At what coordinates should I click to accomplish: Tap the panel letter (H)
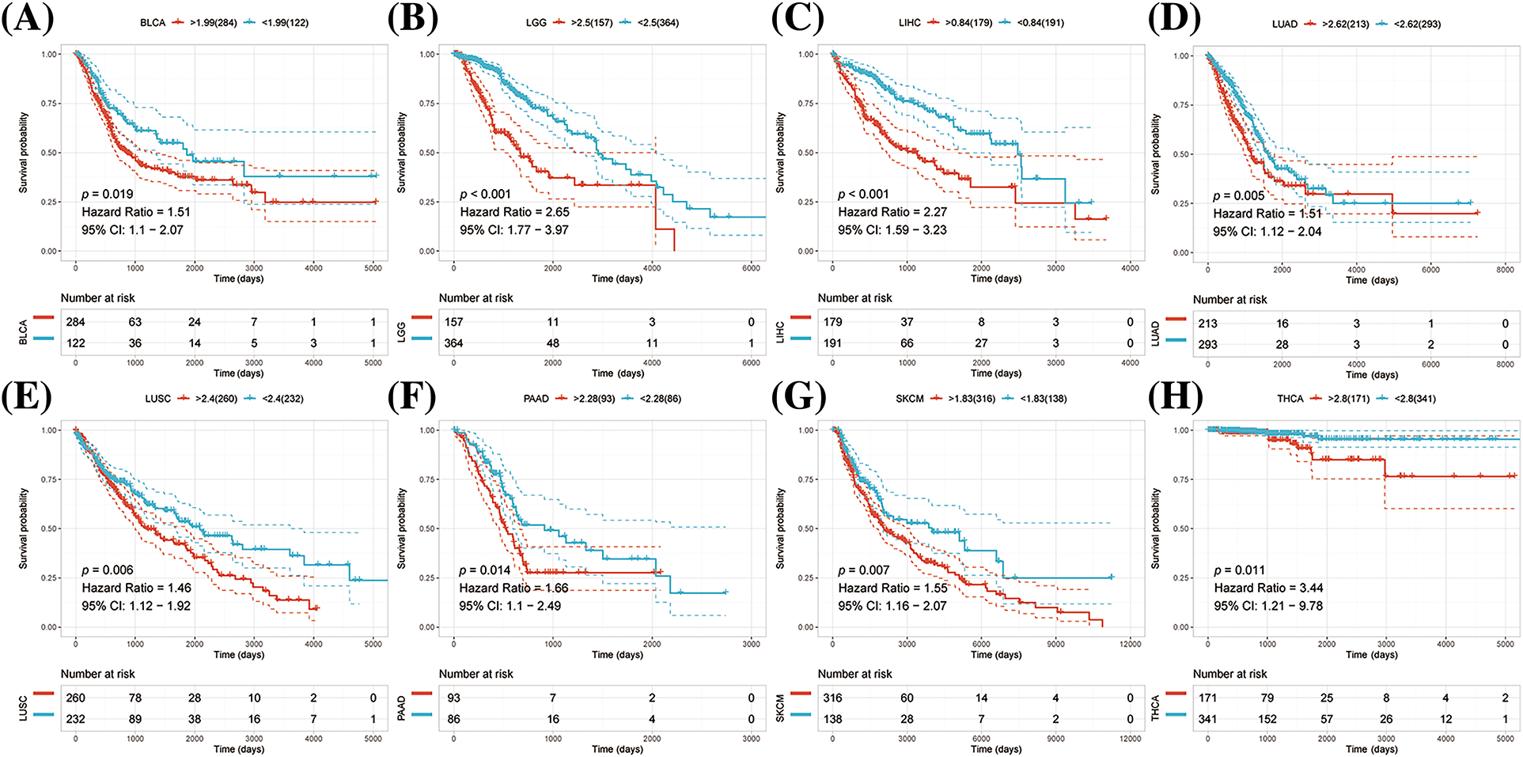(1174, 394)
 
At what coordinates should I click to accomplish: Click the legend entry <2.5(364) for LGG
(657, 23)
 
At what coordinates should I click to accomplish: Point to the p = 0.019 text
(108, 194)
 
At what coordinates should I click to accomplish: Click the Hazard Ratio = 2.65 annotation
(514, 212)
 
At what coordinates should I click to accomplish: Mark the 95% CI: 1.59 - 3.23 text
(892, 230)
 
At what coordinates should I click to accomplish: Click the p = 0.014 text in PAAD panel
(485, 570)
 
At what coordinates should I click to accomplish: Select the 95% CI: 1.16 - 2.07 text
(892, 606)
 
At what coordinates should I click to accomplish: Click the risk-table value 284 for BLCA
(75, 322)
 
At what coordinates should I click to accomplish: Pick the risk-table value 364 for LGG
(453, 343)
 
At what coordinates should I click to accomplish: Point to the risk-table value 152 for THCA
(1267, 719)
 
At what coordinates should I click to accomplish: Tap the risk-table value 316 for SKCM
(832, 698)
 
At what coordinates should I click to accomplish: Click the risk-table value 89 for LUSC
(135, 719)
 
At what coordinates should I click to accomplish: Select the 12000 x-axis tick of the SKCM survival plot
(1130, 644)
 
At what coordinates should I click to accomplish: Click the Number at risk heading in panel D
(1229, 300)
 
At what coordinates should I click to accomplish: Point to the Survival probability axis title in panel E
(24, 528)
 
